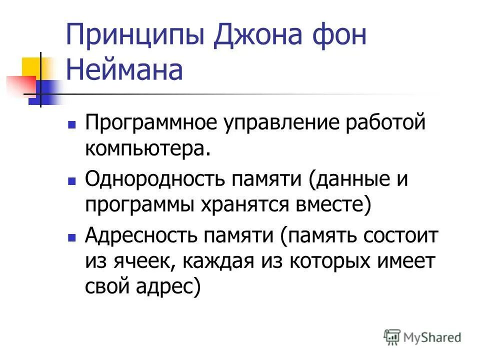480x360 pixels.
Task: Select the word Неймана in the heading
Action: pos(124,70)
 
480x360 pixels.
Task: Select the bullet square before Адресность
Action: pos(72,235)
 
